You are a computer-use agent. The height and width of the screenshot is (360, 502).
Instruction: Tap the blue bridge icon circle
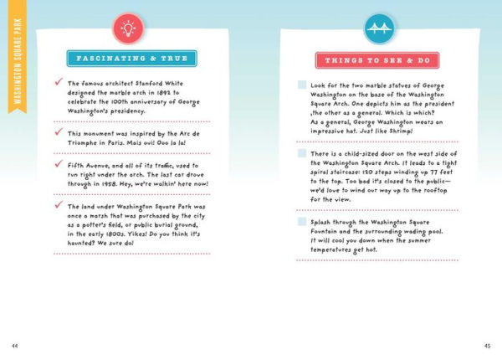click(x=377, y=28)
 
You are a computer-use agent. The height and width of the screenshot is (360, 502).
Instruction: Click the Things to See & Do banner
click(x=377, y=59)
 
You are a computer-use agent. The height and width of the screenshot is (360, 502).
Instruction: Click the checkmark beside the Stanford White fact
click(x=58, y=84)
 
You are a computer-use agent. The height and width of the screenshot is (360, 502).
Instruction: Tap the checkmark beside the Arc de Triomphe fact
click(x=58, y=132)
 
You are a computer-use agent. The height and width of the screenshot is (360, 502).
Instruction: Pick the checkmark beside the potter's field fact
click(x=58, y=205)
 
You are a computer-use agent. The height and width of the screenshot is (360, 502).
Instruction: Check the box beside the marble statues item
click(x=302, y=85)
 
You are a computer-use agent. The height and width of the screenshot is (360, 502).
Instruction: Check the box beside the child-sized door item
click(x=302, y=154)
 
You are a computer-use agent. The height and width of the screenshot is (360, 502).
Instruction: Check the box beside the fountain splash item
click(x=302, y=221)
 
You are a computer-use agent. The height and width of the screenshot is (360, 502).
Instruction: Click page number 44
click(x=14, y=345)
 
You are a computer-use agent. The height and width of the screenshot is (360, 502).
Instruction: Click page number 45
click(x=487, y=345)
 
